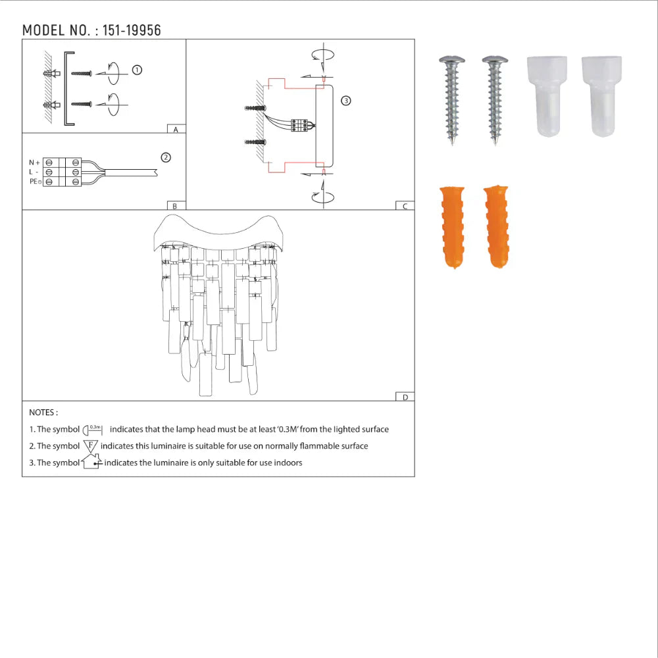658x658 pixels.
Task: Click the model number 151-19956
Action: [132, 30]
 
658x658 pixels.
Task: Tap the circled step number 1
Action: [137, 70]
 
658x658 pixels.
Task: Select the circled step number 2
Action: [166, 157]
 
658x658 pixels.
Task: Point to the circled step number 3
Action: [346, 101]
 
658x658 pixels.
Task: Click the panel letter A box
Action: [176, 130]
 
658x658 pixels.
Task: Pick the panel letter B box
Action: [174, 206]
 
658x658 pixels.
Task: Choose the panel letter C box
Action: [405, 206]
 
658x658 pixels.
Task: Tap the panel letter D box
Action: [405, 397]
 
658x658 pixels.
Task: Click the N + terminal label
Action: [34, 163]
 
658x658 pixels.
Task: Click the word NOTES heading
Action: [43, 413]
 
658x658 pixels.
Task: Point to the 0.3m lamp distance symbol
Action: [93, 429]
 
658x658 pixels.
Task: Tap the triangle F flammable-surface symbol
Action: [90, 445]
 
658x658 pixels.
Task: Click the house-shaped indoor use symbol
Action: [91, 462]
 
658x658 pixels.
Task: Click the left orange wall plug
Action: [451, 227]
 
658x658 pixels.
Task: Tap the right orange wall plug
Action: [496, 227]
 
